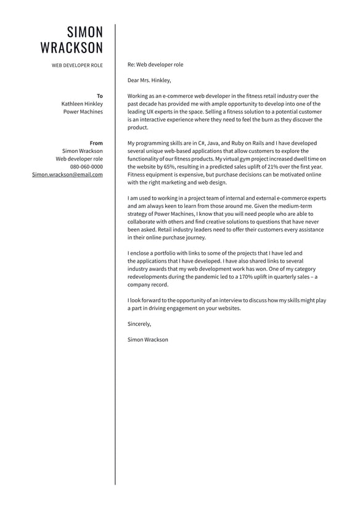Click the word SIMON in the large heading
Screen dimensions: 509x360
pyautogui.click(x=85, y=32)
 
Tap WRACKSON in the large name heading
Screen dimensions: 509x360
pyautogui.click(x=72, y=48)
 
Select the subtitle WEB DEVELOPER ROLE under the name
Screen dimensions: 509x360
pyautogui.click(x=77, y=65)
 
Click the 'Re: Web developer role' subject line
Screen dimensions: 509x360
pyautogui.click(x=155, y=64)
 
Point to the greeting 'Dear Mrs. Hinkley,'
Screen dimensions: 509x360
pyautogui.click(x=149, y=80)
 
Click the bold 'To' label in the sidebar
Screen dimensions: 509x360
pyautogui.click(x=100, y=96)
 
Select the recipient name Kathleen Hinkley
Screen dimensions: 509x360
pyautogui.click(x=82, y=104)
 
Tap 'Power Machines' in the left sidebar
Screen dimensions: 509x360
pyautogui.click(x=83, y=112)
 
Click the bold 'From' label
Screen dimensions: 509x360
pyautogui.click(x=96, y=143)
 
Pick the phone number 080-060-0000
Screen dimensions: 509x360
pyautogui.click(x=86, y=167)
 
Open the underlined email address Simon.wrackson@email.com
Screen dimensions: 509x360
pyautogui.click(x=68, y=175)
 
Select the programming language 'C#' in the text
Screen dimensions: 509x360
pyautogui.click(x=202, y=143)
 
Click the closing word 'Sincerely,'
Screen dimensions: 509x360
pyautogui.click(x=139, y=324)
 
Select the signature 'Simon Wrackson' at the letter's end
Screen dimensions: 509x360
pyautogui.click(x=147, y=339)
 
